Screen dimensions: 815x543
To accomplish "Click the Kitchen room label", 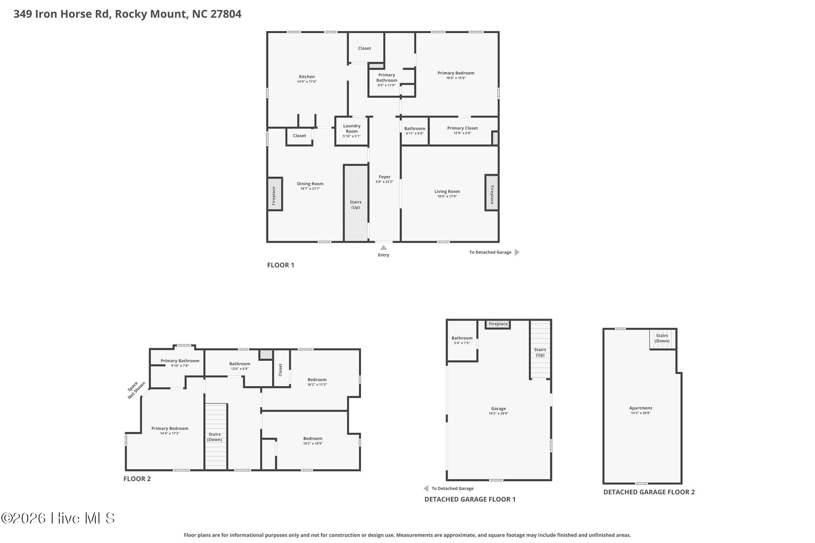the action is point(307,77).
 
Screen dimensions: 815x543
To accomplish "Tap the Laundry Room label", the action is point(352,128).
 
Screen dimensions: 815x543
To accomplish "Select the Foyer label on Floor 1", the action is point(384,177).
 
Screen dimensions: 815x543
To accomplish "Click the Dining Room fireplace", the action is point(275,194).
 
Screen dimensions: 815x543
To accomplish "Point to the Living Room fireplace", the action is point(491,193).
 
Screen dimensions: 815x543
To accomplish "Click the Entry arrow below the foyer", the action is point(384,247).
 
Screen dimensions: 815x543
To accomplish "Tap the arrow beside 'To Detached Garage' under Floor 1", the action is point(517,252).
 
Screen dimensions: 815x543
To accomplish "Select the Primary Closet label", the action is point(462,128).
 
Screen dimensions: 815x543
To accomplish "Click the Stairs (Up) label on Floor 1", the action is point(355,205).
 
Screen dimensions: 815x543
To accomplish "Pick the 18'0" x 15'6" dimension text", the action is point(456,78).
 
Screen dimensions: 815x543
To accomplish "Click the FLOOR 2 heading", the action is point(137,479).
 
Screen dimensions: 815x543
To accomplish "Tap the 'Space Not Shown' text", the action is point(134,390).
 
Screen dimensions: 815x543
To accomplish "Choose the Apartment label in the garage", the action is point(641,408).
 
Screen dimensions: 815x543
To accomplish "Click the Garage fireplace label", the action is point(498,324).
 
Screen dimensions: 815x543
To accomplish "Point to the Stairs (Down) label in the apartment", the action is point(662,338).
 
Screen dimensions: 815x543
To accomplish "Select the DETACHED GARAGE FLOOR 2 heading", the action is point(649,492).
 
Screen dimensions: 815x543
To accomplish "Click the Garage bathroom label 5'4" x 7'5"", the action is point(462,343).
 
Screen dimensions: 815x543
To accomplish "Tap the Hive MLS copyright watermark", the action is point(58,518).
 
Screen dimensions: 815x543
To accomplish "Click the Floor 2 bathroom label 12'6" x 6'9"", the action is point(240,369).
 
